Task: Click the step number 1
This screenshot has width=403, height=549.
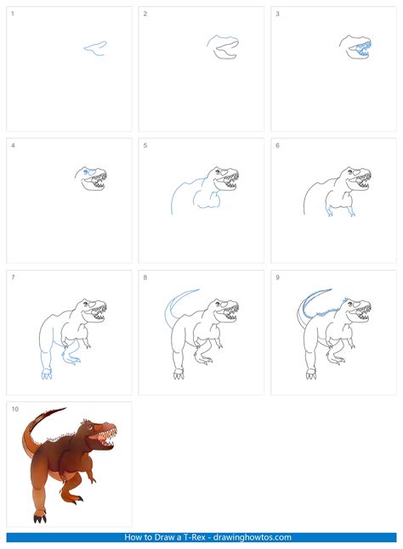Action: [x=12, y=14]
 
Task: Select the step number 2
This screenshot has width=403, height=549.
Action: [x=145, y=14]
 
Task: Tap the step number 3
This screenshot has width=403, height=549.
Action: [x=277, y=14]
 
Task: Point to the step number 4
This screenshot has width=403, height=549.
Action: [x=13, y=146]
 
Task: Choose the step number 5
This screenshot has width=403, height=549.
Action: [x=145, y=146]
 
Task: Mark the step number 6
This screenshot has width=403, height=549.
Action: [x=277, y=146]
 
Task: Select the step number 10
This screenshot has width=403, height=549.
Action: [x=14, y=409]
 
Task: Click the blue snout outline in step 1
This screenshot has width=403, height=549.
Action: [x=94, y=48]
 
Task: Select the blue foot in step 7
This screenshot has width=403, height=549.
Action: [x=46, y=373]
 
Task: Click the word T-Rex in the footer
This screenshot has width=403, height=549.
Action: [x=181, y=538]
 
